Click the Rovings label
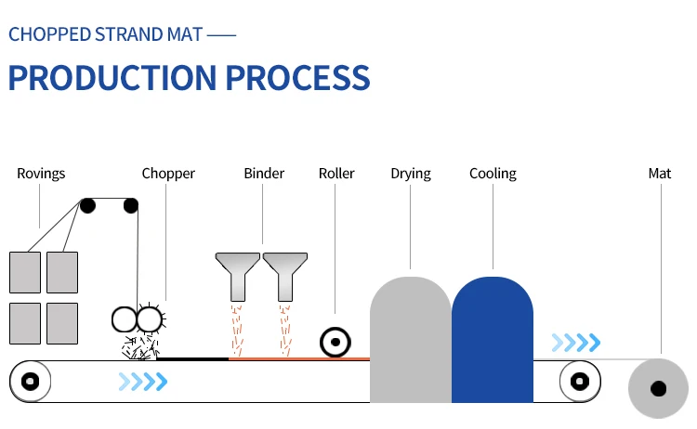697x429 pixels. click(41, 174)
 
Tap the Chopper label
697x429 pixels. click(168, 174)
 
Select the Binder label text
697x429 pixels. click(264, 174)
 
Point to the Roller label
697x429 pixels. click(336, 174)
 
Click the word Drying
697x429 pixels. click(410, 174)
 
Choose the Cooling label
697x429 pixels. click(493, 174)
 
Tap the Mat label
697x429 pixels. click(660, 174)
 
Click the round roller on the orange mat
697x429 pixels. click(333, 343)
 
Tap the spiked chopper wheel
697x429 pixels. click(149, 320)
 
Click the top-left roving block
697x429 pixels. click(25, 272)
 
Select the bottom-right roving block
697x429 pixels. click(62, 323)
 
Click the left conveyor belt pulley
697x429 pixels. click(30, 381)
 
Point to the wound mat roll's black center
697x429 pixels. click(659, 388)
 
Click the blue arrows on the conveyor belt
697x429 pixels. click(143, 381)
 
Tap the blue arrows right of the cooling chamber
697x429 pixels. click(575, 343)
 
